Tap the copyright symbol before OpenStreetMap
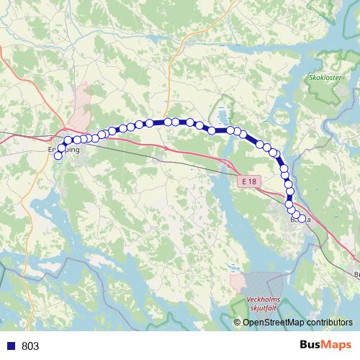click(x=238, y=323)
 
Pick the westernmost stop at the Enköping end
click(x=58, y=156)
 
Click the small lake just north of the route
click(x=222, y=115)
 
